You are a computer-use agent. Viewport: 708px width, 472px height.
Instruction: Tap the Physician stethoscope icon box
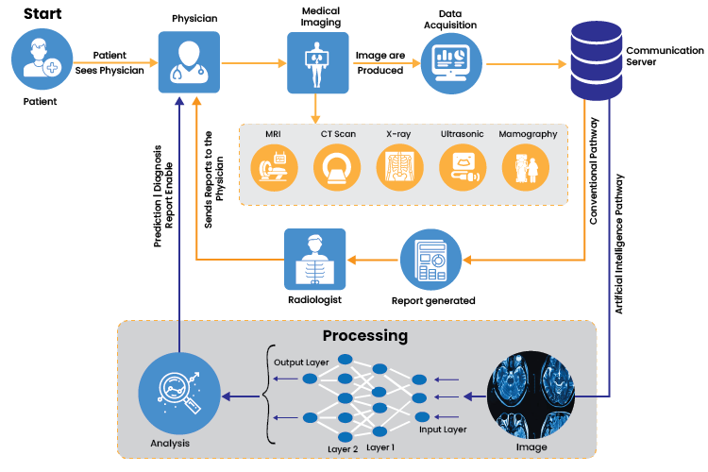[x=189, y=61]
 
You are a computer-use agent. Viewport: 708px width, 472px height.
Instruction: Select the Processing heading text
[x=365, y=335]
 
